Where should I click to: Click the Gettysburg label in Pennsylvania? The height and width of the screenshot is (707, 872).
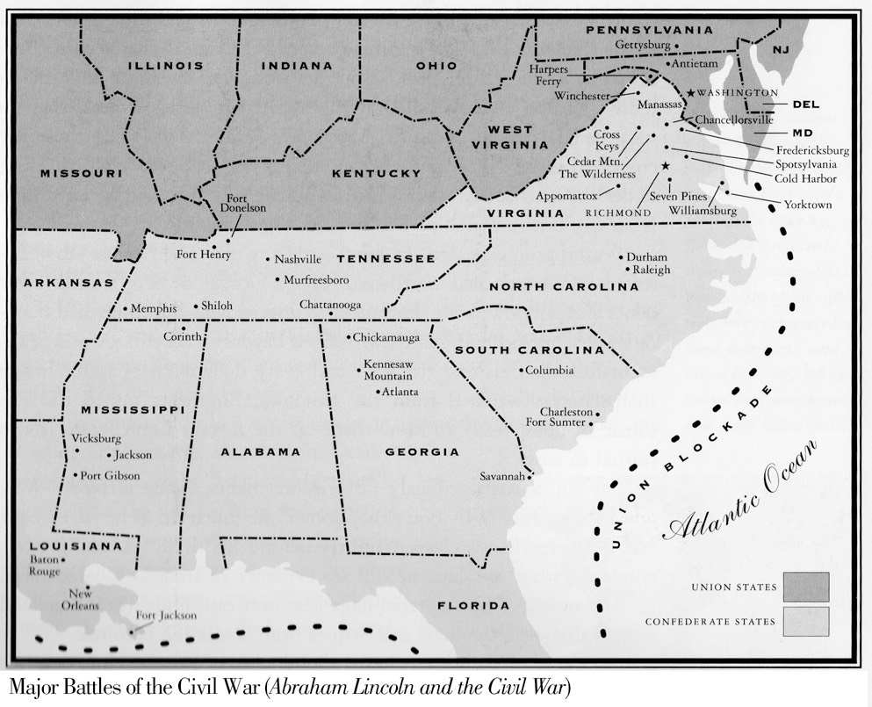(x=643, y=45)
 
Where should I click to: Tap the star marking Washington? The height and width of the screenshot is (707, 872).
(x=691, y=93)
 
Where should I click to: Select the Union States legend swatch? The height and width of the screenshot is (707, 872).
(x=807, y=587)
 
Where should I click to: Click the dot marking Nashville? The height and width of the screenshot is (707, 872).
(x=269, y=259)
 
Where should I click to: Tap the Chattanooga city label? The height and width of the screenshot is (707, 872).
(x=330, y=305)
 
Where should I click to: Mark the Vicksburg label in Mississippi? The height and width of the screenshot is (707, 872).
(x=94, y=438)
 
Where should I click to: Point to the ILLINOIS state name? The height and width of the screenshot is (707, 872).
(x=165, y=66)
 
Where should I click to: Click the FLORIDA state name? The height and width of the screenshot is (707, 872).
(x=473, y=606)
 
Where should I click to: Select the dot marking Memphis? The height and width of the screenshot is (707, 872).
(x=126, y=309)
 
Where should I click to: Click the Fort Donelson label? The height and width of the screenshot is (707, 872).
(x=246, y=203)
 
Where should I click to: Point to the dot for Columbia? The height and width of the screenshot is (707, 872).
(x=521, y=371)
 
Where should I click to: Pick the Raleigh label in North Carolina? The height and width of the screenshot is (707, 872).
(x=651, y=270)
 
